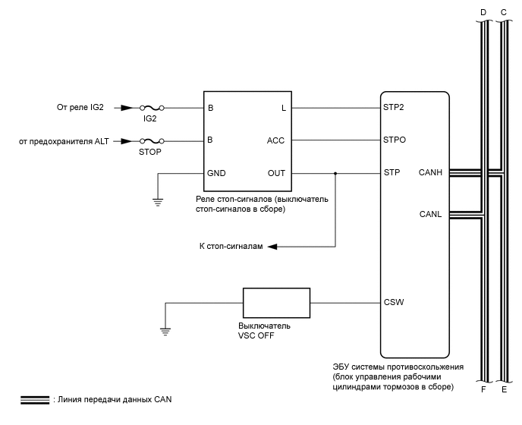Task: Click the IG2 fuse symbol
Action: coord(151,109)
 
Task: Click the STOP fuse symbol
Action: coord(151,141)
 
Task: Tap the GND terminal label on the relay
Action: coord(216,173)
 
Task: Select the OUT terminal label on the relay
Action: coord(277,173)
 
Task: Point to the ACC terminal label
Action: coord(276,140)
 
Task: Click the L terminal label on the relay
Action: coord(283,108)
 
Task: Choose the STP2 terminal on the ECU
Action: coord(394,108)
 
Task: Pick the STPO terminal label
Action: coord(394,140)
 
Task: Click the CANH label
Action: coord(430,173)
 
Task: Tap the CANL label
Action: coord(430,214)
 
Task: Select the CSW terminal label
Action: coord(394,303)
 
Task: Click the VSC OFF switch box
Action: coord(276,303)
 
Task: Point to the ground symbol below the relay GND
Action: coord(158,201)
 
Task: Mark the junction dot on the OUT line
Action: coord(335,173)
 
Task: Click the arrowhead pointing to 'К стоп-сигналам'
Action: coord(273,247)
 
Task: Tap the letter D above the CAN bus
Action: coord(483,12)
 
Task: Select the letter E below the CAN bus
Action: coord(504,389)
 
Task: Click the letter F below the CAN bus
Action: coord(483,389)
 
